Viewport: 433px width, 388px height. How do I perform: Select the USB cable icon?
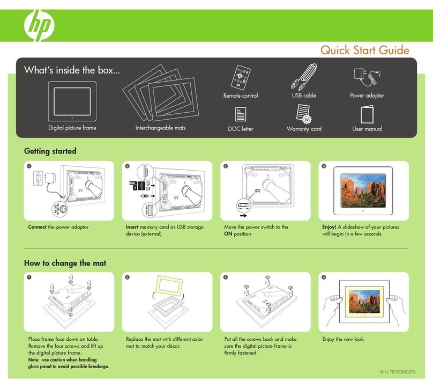point(303,76)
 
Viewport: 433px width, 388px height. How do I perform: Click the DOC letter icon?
point(240,114)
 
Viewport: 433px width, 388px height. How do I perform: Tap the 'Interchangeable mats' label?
point(160,129)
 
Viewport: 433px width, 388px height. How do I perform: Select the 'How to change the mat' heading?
point(64,263)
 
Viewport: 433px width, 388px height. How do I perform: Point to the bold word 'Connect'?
point(38,227)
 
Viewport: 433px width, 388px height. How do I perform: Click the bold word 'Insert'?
point(132,227)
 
